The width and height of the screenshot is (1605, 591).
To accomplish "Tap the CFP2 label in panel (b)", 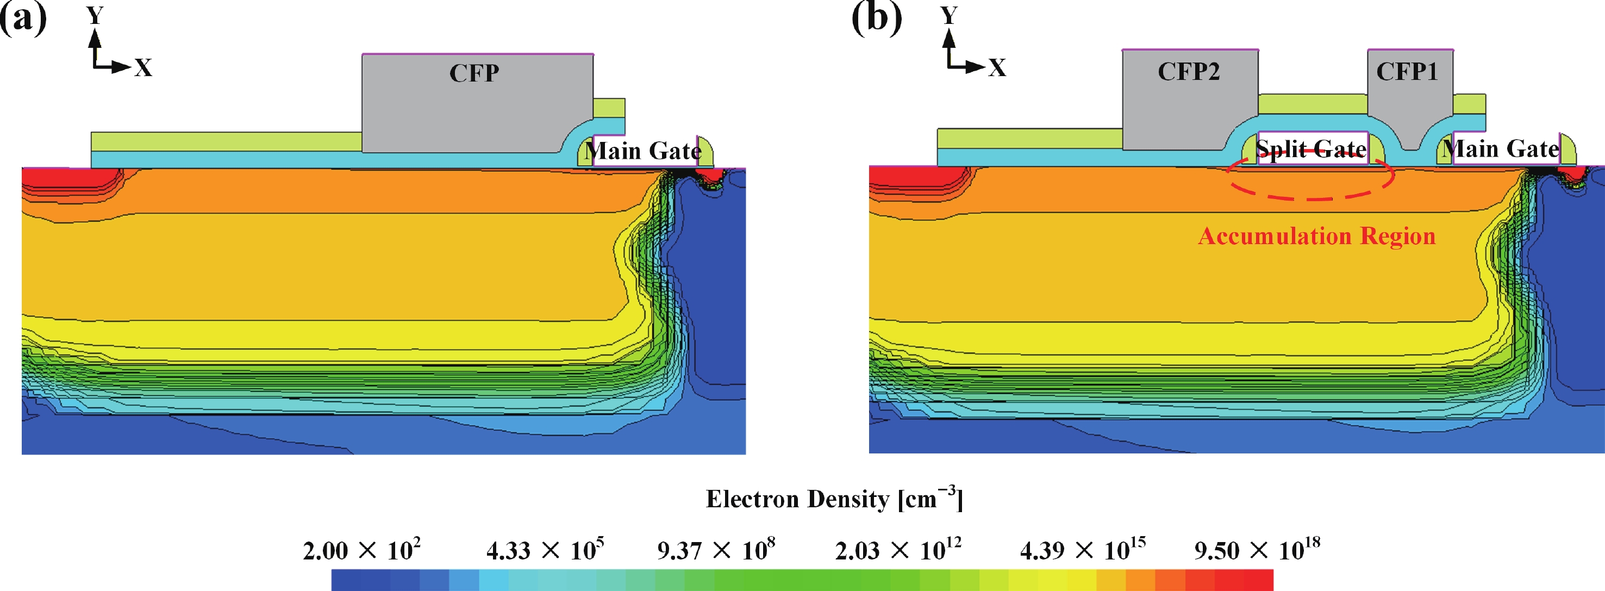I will [x=1188, y=72].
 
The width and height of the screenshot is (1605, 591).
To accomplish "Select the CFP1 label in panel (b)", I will [x=1407, y=72].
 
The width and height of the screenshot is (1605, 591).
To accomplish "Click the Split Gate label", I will [x=1311, y=149].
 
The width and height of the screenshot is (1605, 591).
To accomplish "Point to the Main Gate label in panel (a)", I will [x=642, y=151].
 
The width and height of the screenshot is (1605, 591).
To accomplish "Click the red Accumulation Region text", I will [x=1316, y=237].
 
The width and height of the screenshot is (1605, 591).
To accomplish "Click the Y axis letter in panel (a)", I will [x=95, y=15].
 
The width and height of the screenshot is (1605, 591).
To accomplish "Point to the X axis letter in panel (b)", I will [x=997, y=67].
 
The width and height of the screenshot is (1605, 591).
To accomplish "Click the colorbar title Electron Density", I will [x=834, y=499].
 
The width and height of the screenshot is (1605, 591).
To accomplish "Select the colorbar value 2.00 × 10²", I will [x=361, y=550].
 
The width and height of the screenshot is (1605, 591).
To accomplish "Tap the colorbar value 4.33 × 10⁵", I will [x=545, y=550].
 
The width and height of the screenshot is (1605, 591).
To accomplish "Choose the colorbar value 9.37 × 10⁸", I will [x=716, y=550].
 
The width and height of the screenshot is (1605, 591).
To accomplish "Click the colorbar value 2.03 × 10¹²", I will [x=898, y=550].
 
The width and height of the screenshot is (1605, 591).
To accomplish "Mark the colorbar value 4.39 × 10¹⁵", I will [x=1082, y=550].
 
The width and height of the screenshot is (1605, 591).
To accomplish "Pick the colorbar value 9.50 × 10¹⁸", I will [x=1257, y=550].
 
